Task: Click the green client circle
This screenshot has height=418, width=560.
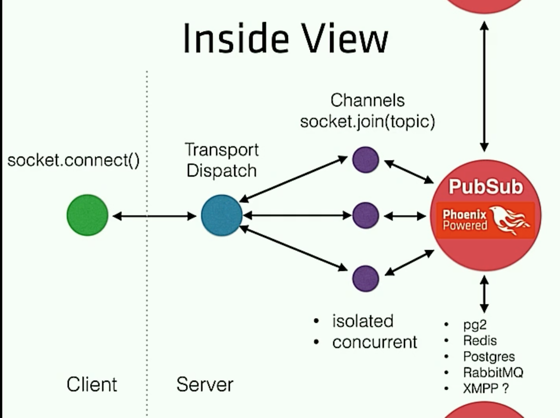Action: tap(88, 215)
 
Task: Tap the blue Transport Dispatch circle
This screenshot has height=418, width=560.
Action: tap(221, 215)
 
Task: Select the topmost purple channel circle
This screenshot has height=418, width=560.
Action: tap(366, 160)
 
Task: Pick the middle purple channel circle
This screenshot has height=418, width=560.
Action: tap(366, 216)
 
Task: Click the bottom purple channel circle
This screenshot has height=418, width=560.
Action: tap(366, 279)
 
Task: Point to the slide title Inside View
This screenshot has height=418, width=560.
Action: tap(286, 38)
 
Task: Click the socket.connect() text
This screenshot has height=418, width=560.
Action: tap(73, 160)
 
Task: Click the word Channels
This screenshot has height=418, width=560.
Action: tap(368, 100)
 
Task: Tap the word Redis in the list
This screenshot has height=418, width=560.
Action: tap(480, 340)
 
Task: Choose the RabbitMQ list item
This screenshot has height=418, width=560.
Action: tap(493, 372)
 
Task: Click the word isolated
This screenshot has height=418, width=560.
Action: tap(363, 321)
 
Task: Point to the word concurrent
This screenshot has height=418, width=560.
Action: tap(375, 342)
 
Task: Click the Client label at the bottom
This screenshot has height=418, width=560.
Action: tap(92, 384)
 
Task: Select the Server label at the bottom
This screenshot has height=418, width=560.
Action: tap(205, 384)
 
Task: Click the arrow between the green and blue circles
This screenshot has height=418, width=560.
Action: tap(154, 216)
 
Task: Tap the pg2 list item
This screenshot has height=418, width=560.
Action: tap(475, 325)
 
